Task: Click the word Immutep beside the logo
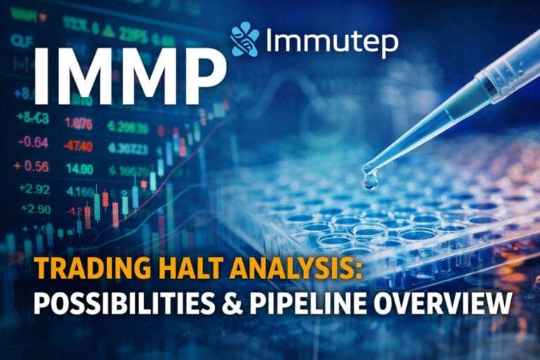pos(331,43)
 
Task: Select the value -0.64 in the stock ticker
pos(34,143)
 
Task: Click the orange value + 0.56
pos(31,167)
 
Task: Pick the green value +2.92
pos(34,189)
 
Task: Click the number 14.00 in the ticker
pos(79,168)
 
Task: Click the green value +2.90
pos(34,210)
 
